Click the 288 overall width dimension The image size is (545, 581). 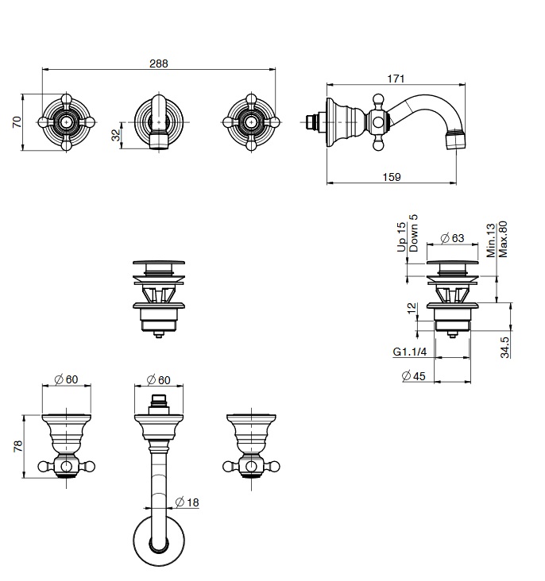click(159, 63)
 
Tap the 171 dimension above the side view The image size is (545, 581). click(396, 79)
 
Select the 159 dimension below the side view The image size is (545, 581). click(392, 177)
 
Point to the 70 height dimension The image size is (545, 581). click(17, 122)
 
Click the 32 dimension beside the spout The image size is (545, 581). click(116, 135)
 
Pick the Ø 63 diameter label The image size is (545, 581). click(452, 238)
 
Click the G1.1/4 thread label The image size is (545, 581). click(410, 352)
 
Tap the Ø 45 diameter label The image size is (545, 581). click(413, 376)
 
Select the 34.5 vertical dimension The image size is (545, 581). click(504, 347)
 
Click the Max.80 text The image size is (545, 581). click(503, 239)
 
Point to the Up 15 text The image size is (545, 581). click(401, 237)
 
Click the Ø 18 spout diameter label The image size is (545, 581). click(187, 502)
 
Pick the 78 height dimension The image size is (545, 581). click(17, 446)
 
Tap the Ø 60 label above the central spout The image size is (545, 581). click(158, 380)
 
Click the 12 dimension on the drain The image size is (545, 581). click(412, 308)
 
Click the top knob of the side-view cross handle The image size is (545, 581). click(377, 99)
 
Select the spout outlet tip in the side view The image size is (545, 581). click(455, 140)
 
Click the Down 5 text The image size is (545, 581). click(413, 233)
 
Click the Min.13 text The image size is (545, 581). click(491, 240)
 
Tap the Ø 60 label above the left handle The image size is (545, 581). click(66, 379)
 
